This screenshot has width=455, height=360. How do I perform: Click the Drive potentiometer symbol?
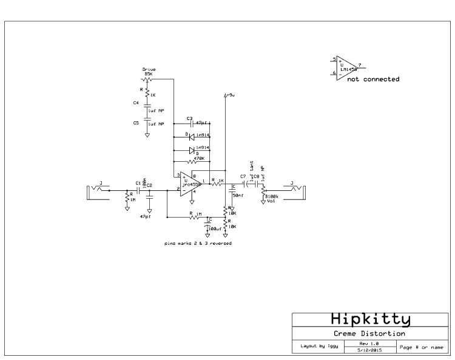tap(147, 79)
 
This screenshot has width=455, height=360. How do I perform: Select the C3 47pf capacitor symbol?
tap(192, 123)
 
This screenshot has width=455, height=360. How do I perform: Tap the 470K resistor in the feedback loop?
tap(193, 162)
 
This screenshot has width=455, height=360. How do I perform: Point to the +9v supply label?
tap(229, 95)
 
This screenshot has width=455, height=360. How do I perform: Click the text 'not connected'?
tap(372, 79)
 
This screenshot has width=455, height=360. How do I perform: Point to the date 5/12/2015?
tap(368, 350)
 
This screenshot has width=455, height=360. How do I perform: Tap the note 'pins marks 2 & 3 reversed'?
tap(197, 242)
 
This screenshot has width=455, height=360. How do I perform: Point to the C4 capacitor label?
tap(136, 103)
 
